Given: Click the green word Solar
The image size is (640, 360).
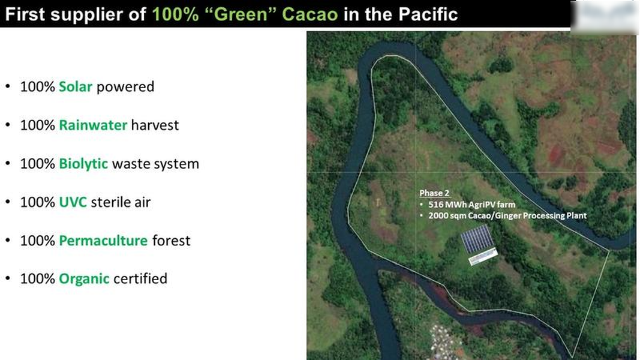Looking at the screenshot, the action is coord(76,86).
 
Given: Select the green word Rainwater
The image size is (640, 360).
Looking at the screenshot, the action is coord(93,125).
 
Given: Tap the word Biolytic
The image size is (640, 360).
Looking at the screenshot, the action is coord(83,164).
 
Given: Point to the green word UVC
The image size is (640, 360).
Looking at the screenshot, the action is coord(73,202).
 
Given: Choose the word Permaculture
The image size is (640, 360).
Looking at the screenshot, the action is coord(103,241).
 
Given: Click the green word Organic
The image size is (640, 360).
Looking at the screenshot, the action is coord(84,279).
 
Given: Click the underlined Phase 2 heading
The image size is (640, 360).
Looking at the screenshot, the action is coord(434,193).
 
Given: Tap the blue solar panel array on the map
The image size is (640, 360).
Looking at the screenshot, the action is coord(477,238).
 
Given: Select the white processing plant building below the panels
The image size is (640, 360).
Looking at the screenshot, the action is coord(483,256).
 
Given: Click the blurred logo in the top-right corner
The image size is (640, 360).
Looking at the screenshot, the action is coord(605,17).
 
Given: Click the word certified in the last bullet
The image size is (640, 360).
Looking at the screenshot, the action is coord(140,279).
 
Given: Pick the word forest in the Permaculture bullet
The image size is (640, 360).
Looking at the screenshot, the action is coord(171,241).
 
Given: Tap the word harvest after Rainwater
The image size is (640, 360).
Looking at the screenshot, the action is coord(155,125).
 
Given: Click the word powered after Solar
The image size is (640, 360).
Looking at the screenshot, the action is coord(125,87).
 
